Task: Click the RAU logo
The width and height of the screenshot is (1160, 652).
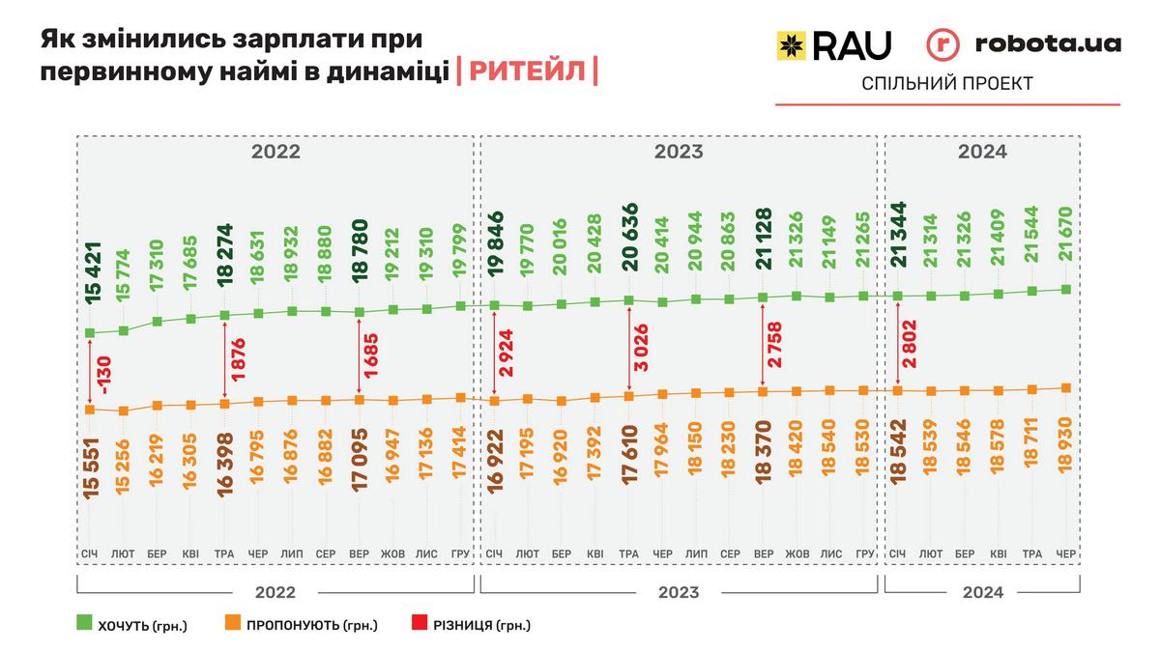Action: click(x=833, y=44)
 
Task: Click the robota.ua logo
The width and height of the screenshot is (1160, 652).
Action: click(x=1024, y=44)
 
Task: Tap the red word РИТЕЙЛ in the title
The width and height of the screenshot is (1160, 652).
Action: click(x=526, y=71)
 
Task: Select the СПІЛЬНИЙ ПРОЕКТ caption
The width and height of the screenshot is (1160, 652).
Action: click(x=946, y=84)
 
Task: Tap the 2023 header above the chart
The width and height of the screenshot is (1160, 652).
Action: click(x=679, y=152)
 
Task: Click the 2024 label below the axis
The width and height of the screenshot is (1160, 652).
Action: click(x=982, y=592)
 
